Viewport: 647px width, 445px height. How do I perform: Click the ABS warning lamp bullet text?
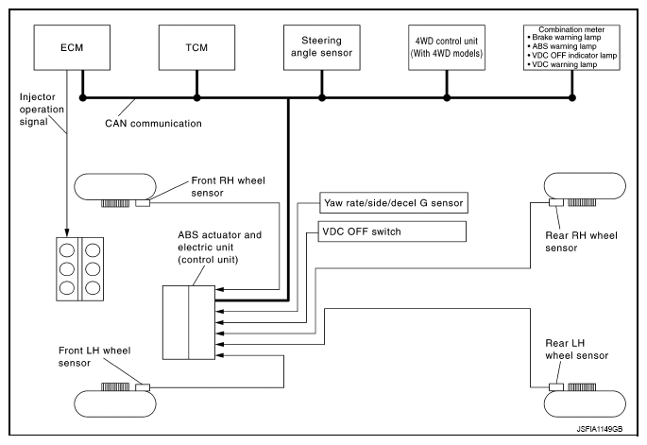562,46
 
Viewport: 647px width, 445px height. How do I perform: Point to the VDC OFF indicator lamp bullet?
571,56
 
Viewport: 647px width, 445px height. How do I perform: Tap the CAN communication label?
154,124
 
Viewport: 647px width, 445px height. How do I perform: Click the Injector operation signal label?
42,110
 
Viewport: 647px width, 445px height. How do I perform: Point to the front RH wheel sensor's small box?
143,203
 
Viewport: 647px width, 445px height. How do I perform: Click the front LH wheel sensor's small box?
143,387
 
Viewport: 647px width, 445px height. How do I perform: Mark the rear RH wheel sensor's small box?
556,202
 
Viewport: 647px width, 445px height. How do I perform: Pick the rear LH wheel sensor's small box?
556,386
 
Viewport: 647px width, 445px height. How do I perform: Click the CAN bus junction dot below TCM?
196,98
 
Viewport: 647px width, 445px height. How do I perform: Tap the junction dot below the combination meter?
571,98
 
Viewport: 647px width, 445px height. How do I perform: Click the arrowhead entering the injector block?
67,233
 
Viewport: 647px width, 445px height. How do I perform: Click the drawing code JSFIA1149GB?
600,429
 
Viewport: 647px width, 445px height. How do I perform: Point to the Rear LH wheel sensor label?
577,350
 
